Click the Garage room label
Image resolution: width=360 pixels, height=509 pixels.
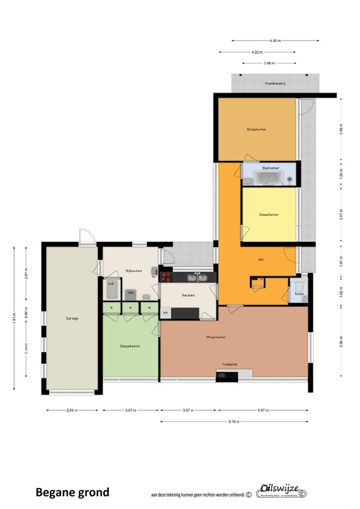tap(72, 318)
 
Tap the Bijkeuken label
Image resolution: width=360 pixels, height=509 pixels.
tap(134, 270)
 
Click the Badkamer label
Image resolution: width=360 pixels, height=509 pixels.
tap(270, 168)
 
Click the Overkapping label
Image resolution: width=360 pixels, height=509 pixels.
tap(275, 84)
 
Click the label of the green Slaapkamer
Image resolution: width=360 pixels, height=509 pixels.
tap(129, 346)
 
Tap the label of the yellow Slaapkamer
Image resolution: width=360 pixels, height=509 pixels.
tap(269, 214)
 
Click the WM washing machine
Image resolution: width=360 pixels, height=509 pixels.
tap(131, 292)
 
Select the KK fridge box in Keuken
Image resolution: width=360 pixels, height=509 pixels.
tap(165, 311)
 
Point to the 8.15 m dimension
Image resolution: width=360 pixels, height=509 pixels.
tap(235, 421)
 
